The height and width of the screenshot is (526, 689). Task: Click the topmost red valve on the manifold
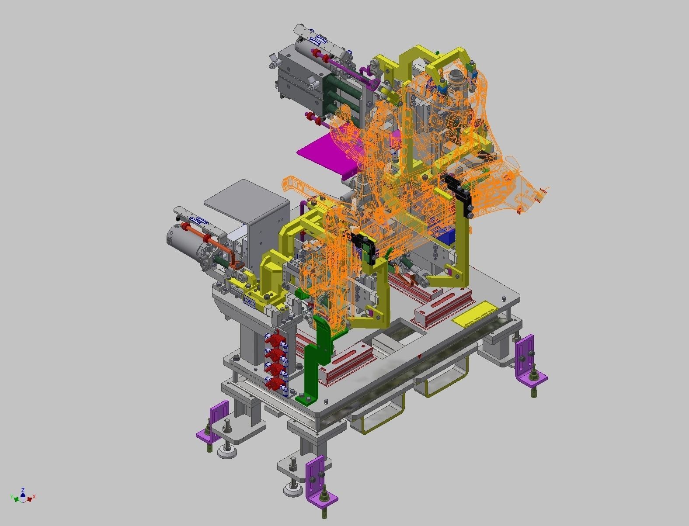point(274,339)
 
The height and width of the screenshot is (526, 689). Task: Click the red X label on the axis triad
point(34,497)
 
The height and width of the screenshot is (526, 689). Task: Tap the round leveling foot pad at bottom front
point(292,491)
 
